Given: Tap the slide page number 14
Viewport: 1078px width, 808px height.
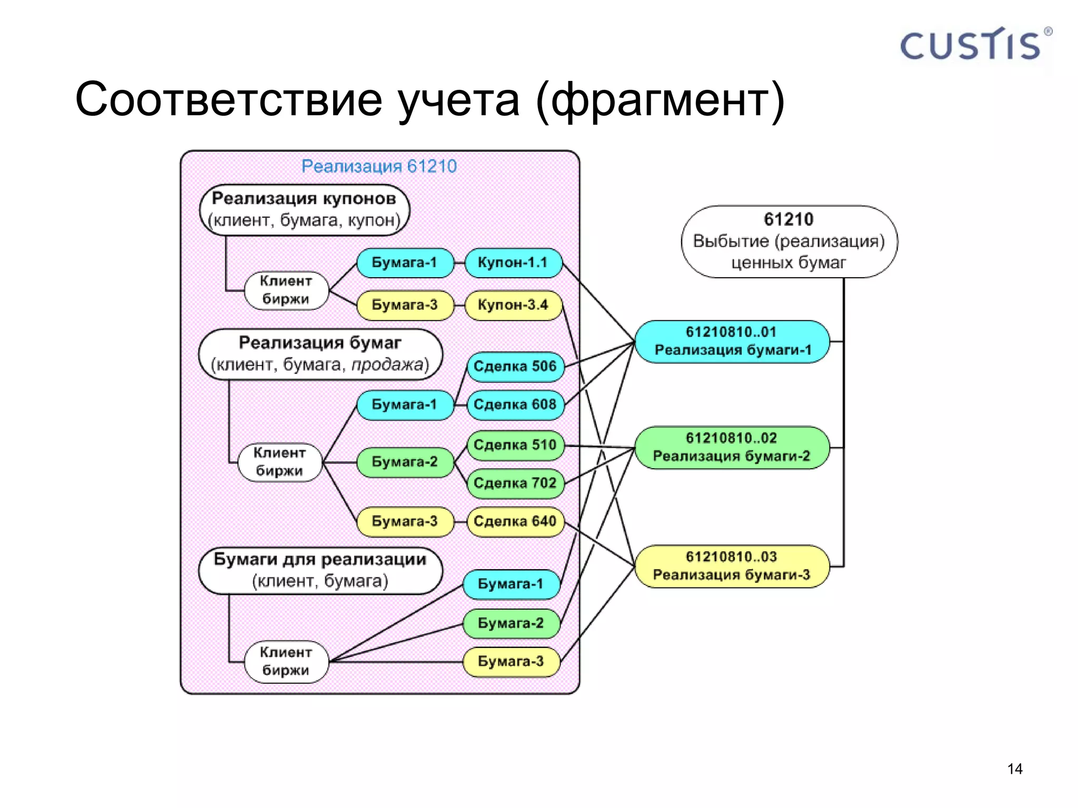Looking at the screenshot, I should (x=1014, y=769).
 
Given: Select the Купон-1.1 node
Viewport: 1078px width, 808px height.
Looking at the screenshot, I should (x=513, y=262).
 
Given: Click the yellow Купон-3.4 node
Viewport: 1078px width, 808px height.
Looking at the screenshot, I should (x=513, y=305).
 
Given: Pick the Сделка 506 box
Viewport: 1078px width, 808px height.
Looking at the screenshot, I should (x=515, y=366).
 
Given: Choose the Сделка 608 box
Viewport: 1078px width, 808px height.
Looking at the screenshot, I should (x=515, y=405).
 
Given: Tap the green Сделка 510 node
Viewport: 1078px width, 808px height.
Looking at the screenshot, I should (x=515, y=445).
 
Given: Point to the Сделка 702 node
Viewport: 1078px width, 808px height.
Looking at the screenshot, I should (x=515, y=483).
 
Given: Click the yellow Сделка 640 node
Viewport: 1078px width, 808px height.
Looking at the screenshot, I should (x=515, y=521).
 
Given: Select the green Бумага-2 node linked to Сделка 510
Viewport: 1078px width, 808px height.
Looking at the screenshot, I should (x=404, y=462).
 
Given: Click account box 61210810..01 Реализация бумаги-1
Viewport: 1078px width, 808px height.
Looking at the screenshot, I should (x=732, y=341).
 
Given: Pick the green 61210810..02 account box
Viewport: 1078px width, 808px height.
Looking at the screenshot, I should (x=732, y=447).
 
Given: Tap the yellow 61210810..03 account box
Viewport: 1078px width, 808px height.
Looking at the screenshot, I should (x=732, y=566).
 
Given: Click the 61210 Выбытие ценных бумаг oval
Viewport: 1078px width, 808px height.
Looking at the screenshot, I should (x=788, y=241).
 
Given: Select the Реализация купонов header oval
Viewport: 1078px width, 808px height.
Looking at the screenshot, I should (x=304, y=209).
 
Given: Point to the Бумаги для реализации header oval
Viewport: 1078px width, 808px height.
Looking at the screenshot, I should (x=320, y=570).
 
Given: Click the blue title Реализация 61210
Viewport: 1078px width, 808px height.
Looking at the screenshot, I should (x=379, y=166).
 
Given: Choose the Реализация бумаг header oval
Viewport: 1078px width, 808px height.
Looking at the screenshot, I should (x=320, y=353).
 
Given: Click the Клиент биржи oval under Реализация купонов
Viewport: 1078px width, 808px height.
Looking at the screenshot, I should (x=286, y=290).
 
